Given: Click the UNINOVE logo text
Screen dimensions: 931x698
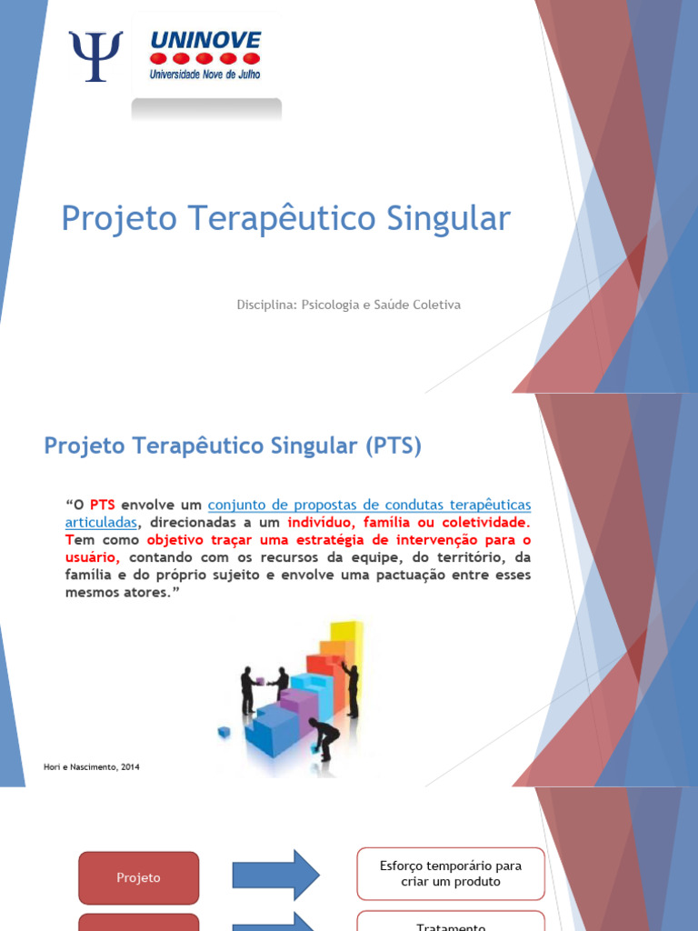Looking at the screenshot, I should [x=205, y=40].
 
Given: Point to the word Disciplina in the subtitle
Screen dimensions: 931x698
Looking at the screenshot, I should [x=264, y=305].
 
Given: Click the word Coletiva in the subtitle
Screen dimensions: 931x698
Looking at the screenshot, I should [x=437, y=305].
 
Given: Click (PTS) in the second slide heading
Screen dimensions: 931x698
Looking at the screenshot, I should [x=394, y=445].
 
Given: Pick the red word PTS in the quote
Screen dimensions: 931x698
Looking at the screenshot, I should [x=102, y=505].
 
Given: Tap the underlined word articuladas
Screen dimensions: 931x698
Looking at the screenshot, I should [x=101, y=523].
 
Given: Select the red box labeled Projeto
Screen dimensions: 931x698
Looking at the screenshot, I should [x=138, y=877].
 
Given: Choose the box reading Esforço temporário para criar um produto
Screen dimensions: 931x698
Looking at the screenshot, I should [x=450, y=874].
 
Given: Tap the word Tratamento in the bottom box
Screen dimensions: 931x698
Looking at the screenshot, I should [x=450, y=926].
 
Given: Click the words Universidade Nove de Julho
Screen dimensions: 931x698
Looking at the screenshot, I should [x=205, y=75].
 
